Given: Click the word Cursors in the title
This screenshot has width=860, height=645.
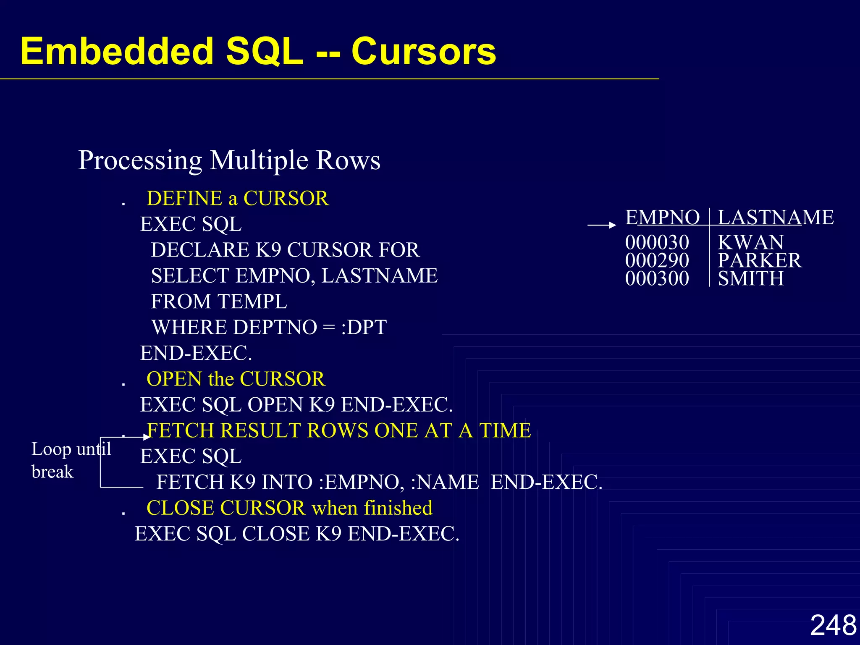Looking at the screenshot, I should pyautogui.click(x=423, y=52).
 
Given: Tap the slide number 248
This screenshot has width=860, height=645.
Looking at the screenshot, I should pyautogui.click(x=833, y=625).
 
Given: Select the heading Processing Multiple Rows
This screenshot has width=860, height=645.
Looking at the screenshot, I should pyautogui.click(x=229, y=160).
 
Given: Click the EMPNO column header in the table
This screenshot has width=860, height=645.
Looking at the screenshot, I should pyautogui.click(x=662, y=218).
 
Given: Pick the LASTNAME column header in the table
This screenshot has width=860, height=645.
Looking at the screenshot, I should pyautogui.click(x=776, y=218).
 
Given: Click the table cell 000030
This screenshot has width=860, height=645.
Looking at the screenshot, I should pyautogui.click(x=657, y=242).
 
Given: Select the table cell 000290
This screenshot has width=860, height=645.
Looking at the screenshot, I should pyautogui.click(x=657, y=260).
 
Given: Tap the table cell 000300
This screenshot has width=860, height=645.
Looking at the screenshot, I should pyautogui.click(x=657, y=278).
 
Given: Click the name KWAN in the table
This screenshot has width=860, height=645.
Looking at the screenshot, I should pyautogui.click(x=750, y=242).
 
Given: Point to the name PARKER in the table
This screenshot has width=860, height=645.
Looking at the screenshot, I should pyautogui.click(x=759, y=260).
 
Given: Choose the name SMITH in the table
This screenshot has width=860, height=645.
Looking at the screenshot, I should pyautogui.click(x=750, y=278).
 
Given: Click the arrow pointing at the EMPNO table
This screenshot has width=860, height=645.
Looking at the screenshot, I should pyautogui.click(x=601, y=225).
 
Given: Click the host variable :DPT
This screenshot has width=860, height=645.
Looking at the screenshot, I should pyautogui.click(x=364, y=328).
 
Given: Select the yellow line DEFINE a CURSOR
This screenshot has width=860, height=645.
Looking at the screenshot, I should pyautogui.click(x=237, y=198).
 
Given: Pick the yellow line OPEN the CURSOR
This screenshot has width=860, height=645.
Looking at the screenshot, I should pyautogui.click(x=236, y=379).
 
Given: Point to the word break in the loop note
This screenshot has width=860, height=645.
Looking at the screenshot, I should pyautogui.click(x=52, y=472).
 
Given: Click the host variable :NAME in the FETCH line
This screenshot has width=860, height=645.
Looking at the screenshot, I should pyautogui.click(x=444, y=482).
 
